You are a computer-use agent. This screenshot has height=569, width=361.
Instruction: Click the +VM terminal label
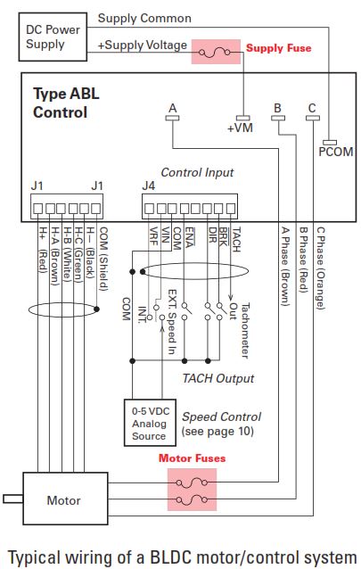pos(241,128)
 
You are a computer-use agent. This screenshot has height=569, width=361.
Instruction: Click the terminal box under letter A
pos(172,122)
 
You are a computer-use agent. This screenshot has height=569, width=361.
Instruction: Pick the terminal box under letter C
pos(312,122)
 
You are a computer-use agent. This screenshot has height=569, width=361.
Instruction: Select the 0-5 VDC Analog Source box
pos(148,424)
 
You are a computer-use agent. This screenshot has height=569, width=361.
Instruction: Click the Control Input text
pos(196,172)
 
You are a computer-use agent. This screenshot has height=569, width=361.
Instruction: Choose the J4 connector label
pos(150,186)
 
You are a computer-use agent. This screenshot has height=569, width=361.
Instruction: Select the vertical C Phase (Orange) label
pos(318,268)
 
